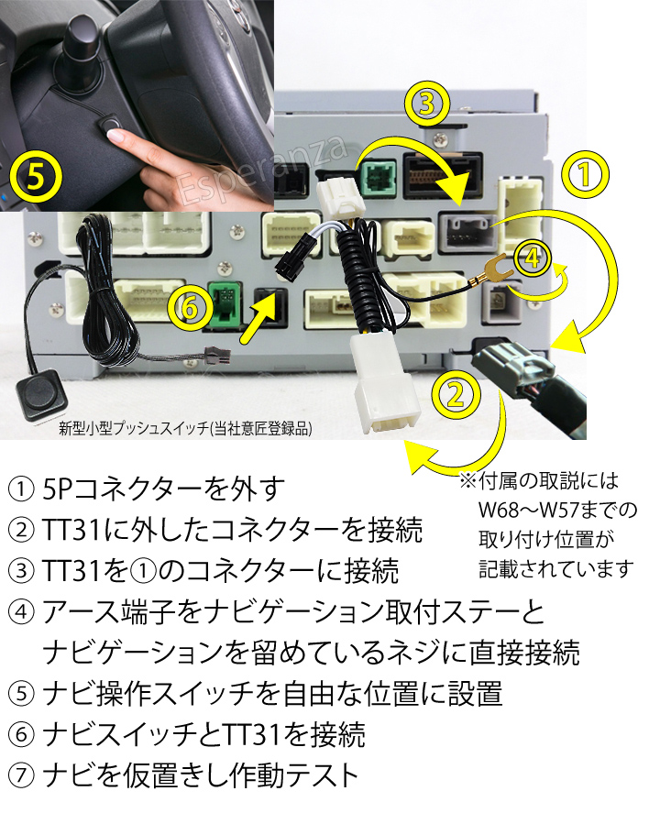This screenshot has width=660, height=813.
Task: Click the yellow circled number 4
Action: pyautogui.click(x=533, y=259)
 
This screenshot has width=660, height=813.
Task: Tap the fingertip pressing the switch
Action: pyautogui.click(x=117, y=137)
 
